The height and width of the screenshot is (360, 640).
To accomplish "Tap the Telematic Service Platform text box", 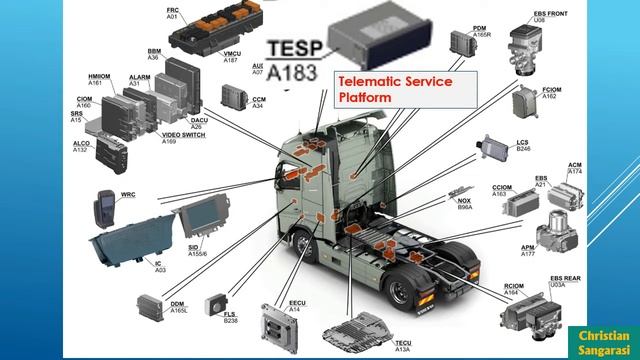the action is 394,90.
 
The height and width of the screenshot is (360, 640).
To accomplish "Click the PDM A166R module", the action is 462,43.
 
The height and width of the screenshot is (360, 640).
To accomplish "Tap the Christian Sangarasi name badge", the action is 603,341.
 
